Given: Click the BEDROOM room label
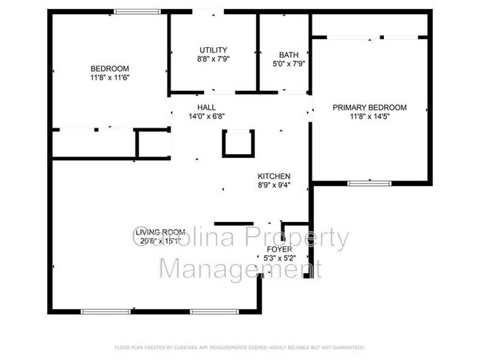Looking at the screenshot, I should point(109,68).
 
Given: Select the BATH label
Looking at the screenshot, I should point(288,55).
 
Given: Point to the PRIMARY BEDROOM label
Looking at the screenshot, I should point(369,108).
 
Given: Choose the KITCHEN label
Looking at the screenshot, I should point(273,176).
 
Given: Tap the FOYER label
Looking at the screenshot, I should point(279,249).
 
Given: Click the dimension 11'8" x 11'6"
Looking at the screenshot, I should point(109,77).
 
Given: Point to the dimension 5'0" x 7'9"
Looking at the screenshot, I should point(288,63).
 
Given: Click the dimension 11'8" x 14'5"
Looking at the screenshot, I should point(369,117).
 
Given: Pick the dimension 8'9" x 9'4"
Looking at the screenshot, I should point(273,185).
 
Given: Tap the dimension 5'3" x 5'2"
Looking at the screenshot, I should point(279,258).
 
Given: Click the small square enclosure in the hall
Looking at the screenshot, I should point(239,143).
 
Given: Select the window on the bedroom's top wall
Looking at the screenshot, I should point(138,11).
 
